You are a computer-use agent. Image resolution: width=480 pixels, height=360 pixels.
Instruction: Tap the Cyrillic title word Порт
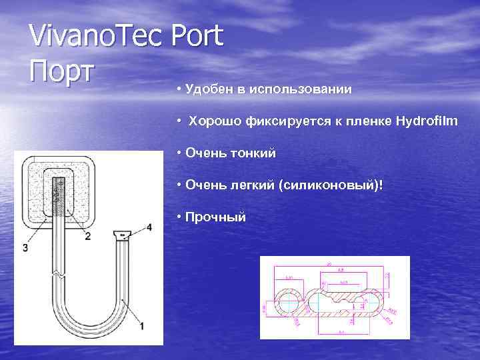pos(63,70)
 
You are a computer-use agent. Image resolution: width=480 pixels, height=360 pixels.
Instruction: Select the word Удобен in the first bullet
pos(207,89)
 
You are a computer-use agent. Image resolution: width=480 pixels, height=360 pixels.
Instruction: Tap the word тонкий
pos(252,153)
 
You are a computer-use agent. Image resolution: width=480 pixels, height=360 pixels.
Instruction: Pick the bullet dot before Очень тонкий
pos(179,153)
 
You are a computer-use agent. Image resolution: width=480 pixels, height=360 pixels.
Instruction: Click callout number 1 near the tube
pos(141,325)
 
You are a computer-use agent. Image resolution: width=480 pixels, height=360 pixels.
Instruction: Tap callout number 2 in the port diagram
pos(88,236)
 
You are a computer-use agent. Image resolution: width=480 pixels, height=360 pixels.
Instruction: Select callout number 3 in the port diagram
pos(25,248)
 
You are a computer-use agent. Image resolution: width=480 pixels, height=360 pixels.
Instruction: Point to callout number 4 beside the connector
pos(149,227)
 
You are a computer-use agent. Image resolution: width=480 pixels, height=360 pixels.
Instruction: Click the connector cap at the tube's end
pos(122,235)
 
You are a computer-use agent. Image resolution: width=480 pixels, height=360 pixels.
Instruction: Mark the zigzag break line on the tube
pos(59,274)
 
